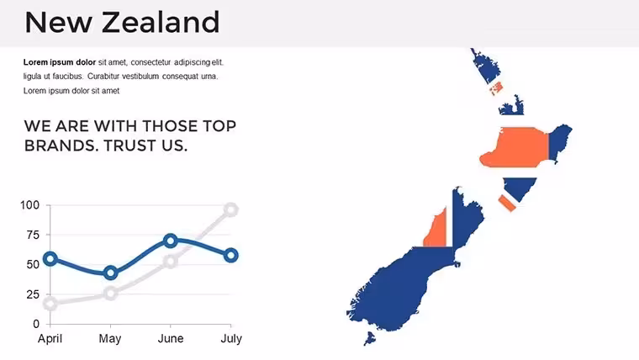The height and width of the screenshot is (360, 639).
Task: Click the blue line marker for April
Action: pyautogui.click(x=50, y=258)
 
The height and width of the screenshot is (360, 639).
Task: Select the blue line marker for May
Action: pyautogui.click(x=110, y=273)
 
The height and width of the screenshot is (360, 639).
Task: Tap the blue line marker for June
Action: pyautogui.click(x=171, y=241)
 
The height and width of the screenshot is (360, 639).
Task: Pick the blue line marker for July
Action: pyautogui.click(x=231, y=256)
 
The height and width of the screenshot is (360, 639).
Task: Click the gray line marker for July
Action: pyautogui.click(x=231, y=210)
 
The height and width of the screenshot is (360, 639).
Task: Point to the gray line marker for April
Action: pyautogui.click(x=50, y=304)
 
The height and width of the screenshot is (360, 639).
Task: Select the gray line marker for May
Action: pyautogui.click(x=110, y=294)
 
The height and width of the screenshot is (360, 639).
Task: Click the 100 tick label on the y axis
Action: pyautogui.click(x=30, y=205)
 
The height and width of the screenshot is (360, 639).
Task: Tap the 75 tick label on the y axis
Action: pyautogui.click(x=33, y=235)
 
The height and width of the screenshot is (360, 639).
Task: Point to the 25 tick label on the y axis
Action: pyautogui.click(x=33, y=294)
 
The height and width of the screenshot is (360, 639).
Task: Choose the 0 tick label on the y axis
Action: pyautogui.click(x=36, y=324)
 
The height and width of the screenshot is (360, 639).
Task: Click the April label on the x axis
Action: pyautogui.click(x=50, y=339)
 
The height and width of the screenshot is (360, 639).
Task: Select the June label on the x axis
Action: pyautogui.click(x=171, y=338)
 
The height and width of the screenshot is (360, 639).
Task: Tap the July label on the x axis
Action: pyautogui.click(x=231, y=339)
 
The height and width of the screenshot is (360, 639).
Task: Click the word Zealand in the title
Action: pyautogui.click(x=161, y=22)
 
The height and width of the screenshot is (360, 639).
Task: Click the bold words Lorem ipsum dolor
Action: pyautogui.click(x=60, y=62)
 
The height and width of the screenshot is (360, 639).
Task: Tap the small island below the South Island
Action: pyautogui.click(x=370, y=338)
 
